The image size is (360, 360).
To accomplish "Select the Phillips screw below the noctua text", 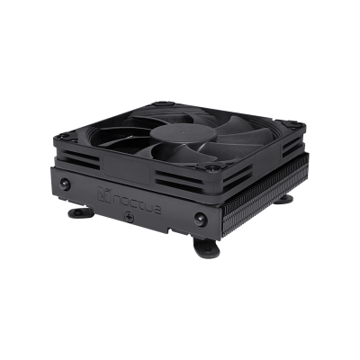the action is click(130, 216).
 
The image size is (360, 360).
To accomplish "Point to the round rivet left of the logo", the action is click(65, 184).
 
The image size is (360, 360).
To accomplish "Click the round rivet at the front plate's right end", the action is click(201, 219).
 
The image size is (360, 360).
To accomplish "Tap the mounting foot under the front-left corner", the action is click(81, 212).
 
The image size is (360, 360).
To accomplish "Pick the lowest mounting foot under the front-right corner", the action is click(206, 247).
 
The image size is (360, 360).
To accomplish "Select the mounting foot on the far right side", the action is click(283, 199).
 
